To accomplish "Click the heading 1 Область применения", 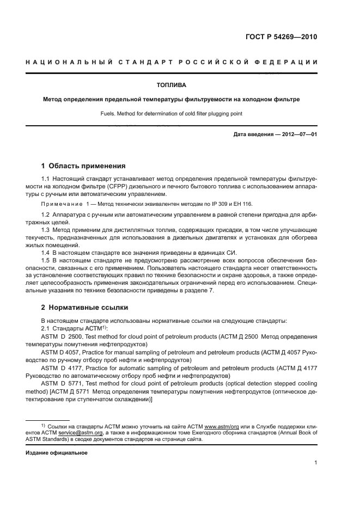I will click(x=84, y=165).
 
